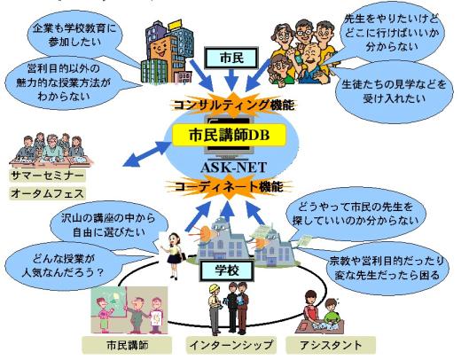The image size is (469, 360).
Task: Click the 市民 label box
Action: point(231,58)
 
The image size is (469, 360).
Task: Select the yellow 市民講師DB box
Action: point(229,136)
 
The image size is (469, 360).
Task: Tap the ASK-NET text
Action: point(233,168)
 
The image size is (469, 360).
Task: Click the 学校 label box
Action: point(227,270)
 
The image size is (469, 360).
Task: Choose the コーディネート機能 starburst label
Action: point(229,187)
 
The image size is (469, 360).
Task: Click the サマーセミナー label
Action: point(47,176)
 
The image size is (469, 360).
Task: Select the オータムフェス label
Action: point(47,193)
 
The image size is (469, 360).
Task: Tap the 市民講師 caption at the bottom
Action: point(127,345)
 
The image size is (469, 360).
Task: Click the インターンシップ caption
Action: point(231,345)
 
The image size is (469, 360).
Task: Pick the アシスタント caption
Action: point(331,345)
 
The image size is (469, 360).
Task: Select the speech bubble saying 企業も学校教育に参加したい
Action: point(74,35)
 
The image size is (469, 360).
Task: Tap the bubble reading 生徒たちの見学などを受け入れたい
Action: point(394,92)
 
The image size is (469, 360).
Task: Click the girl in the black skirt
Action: point(174,255)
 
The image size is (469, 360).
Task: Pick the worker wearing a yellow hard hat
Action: point(215,309)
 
